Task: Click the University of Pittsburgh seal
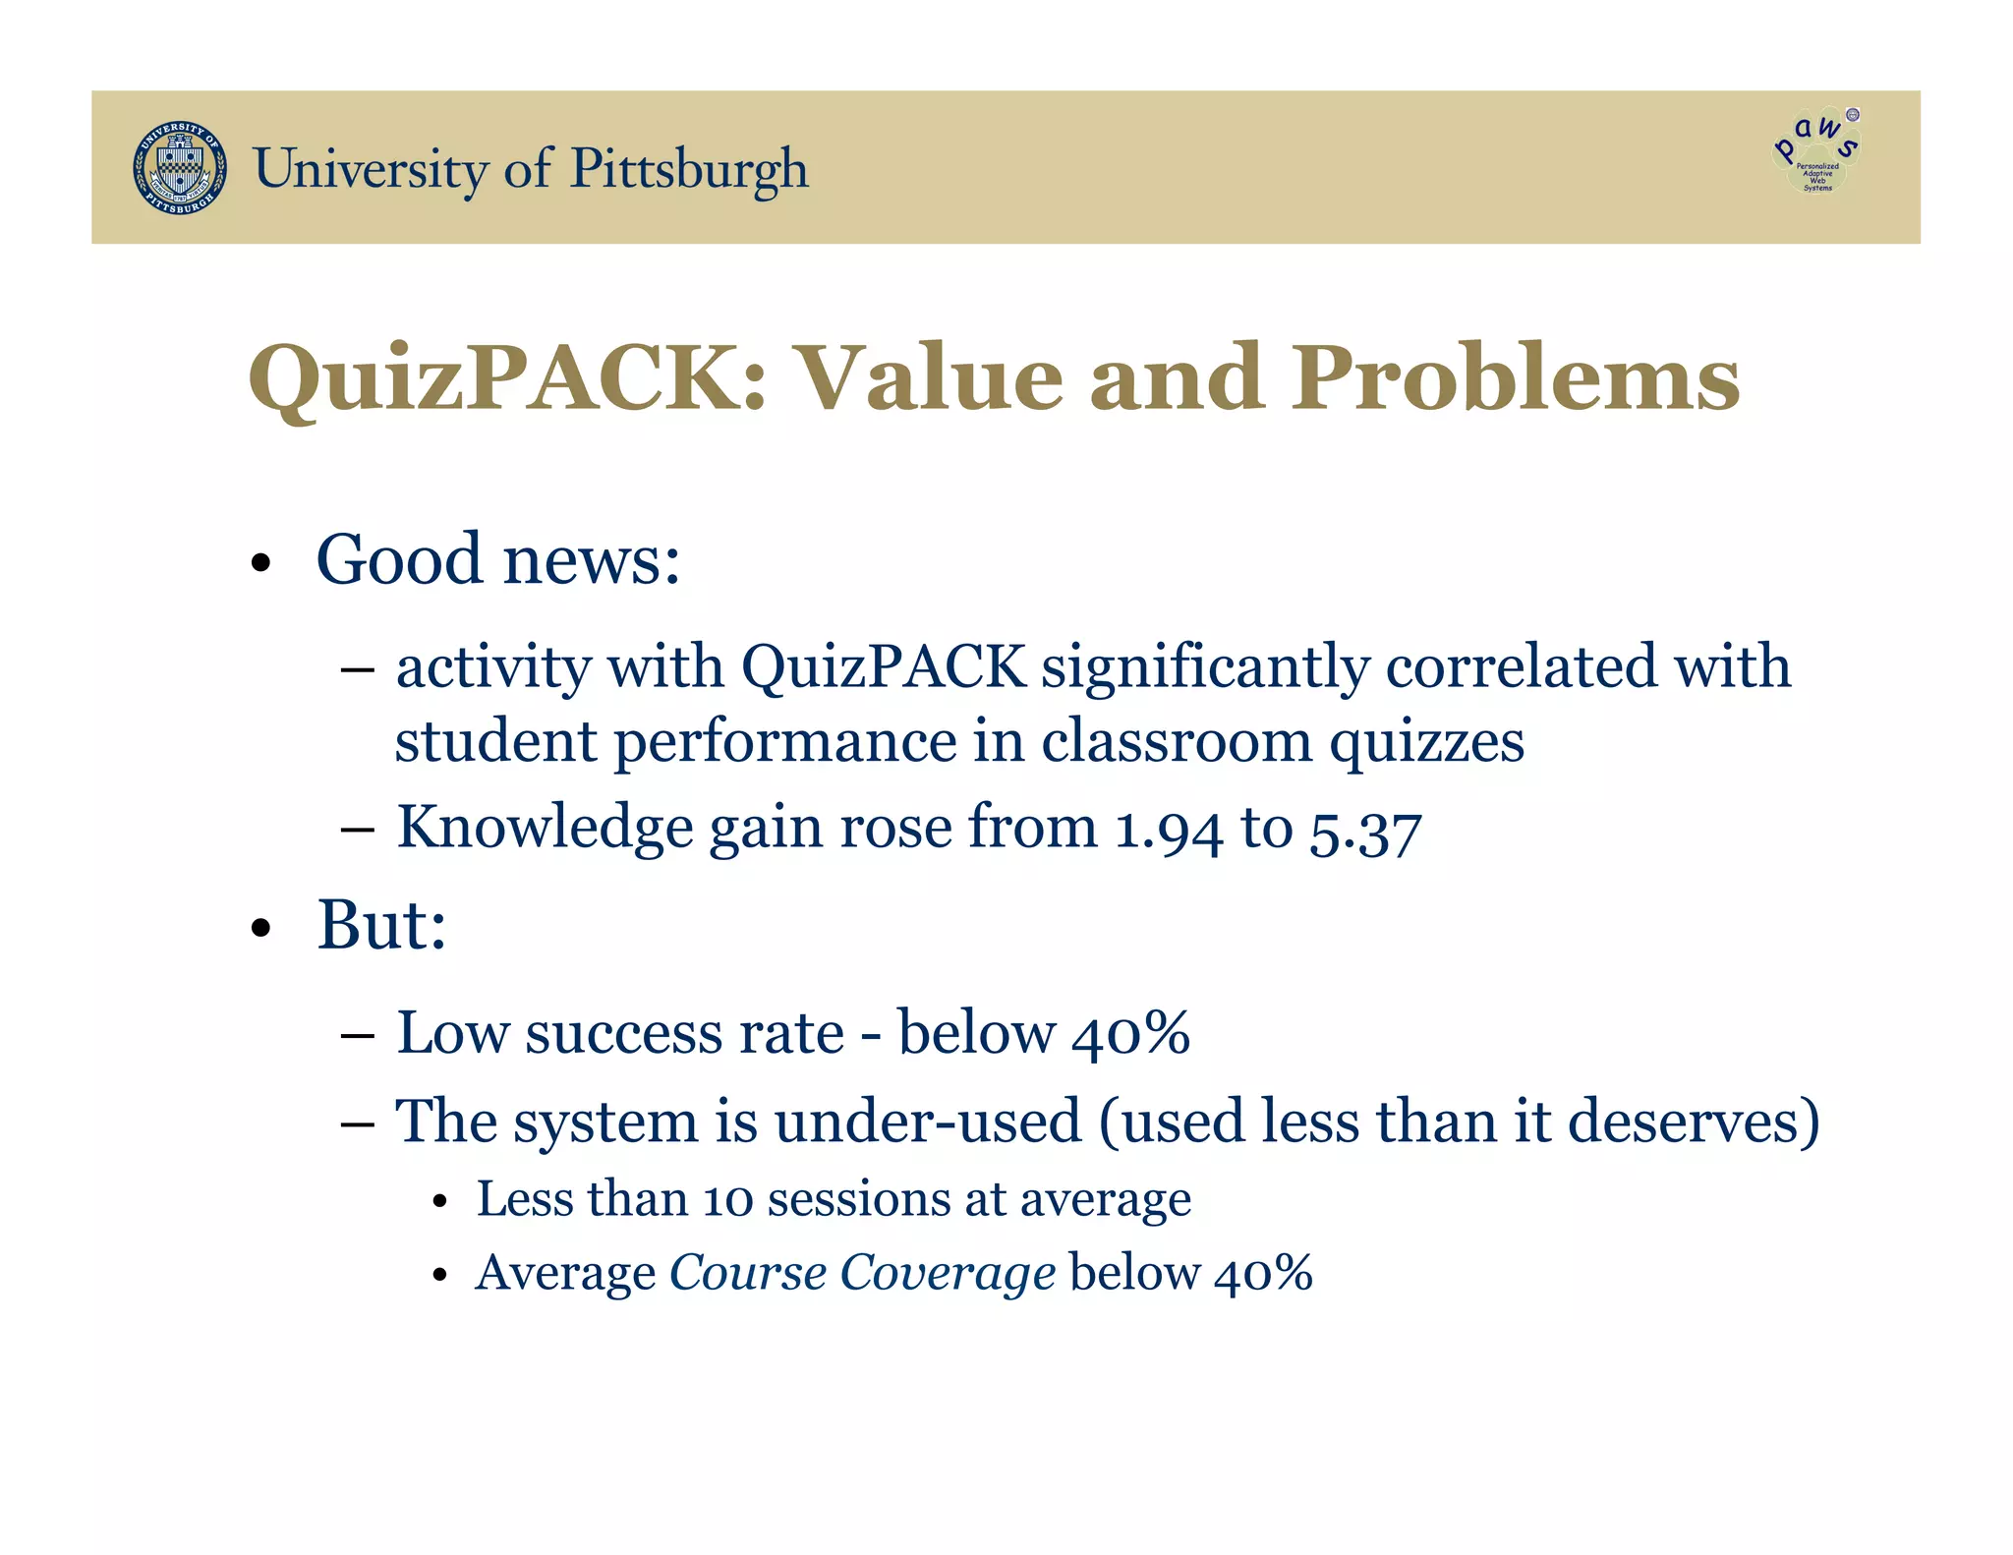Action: (180, 168)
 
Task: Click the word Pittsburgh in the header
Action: (689, 168)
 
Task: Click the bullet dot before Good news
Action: (260, 565)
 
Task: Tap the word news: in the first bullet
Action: (592, 560)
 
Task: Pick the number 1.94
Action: (1169, 829)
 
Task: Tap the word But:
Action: (381, 926)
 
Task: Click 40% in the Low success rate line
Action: (1130, 1034)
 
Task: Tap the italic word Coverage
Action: (948, 1274)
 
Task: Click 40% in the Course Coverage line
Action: (1263, 1274)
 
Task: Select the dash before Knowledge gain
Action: (358, 830)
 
